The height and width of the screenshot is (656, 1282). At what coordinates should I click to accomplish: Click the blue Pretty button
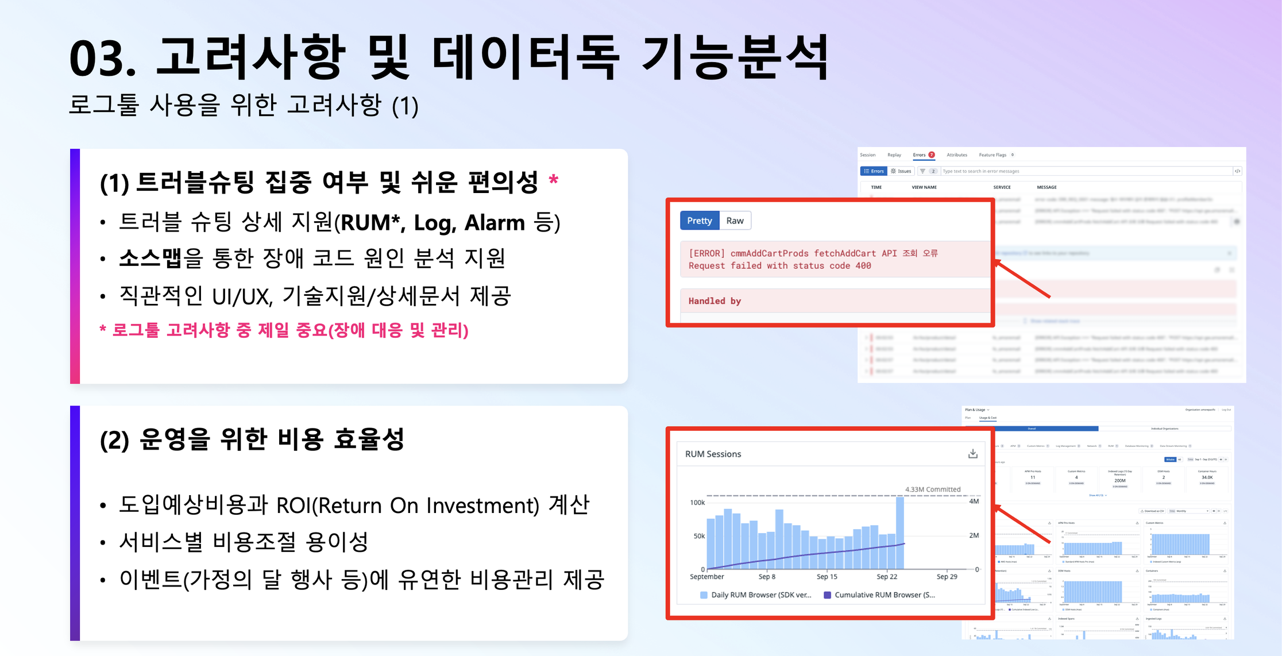pyautogui.click(x=699, y=221)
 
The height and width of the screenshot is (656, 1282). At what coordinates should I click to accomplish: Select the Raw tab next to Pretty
pyautogui.click(x=735, y=221)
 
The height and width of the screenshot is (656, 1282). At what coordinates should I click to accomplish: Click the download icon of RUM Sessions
pyautogui.click(x=972, y=454)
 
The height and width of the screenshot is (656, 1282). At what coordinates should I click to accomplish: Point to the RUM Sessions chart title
pyautogui.click(x=713, y=454)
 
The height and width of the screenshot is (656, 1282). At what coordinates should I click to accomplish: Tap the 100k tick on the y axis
pyautogui.click(x=697, y=503)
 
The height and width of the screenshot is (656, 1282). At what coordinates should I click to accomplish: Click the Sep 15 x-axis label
pyautogui.click(x=827, y=577)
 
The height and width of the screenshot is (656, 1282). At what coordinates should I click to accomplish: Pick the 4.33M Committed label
pyautogui.click(x=933, y=489)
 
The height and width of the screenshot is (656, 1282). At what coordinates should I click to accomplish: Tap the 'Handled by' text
pyautogui.click(x=715, y=301)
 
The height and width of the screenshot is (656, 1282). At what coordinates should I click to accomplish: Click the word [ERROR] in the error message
pyautogui.click(x=706, y=253)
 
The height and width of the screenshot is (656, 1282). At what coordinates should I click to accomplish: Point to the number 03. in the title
pyautogui.click(x=102, y=59)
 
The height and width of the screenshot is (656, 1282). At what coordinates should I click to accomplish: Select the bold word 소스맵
pyautogui.click(x=150, y=258)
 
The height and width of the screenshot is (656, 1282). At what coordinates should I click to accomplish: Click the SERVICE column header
pyautogui.click(x=1002, y=187)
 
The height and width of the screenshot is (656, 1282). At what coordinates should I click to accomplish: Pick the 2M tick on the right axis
pyautogui.click(x=974, y=535)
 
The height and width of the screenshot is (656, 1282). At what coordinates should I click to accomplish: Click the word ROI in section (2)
pyautogui.click(x=296, y=505)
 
